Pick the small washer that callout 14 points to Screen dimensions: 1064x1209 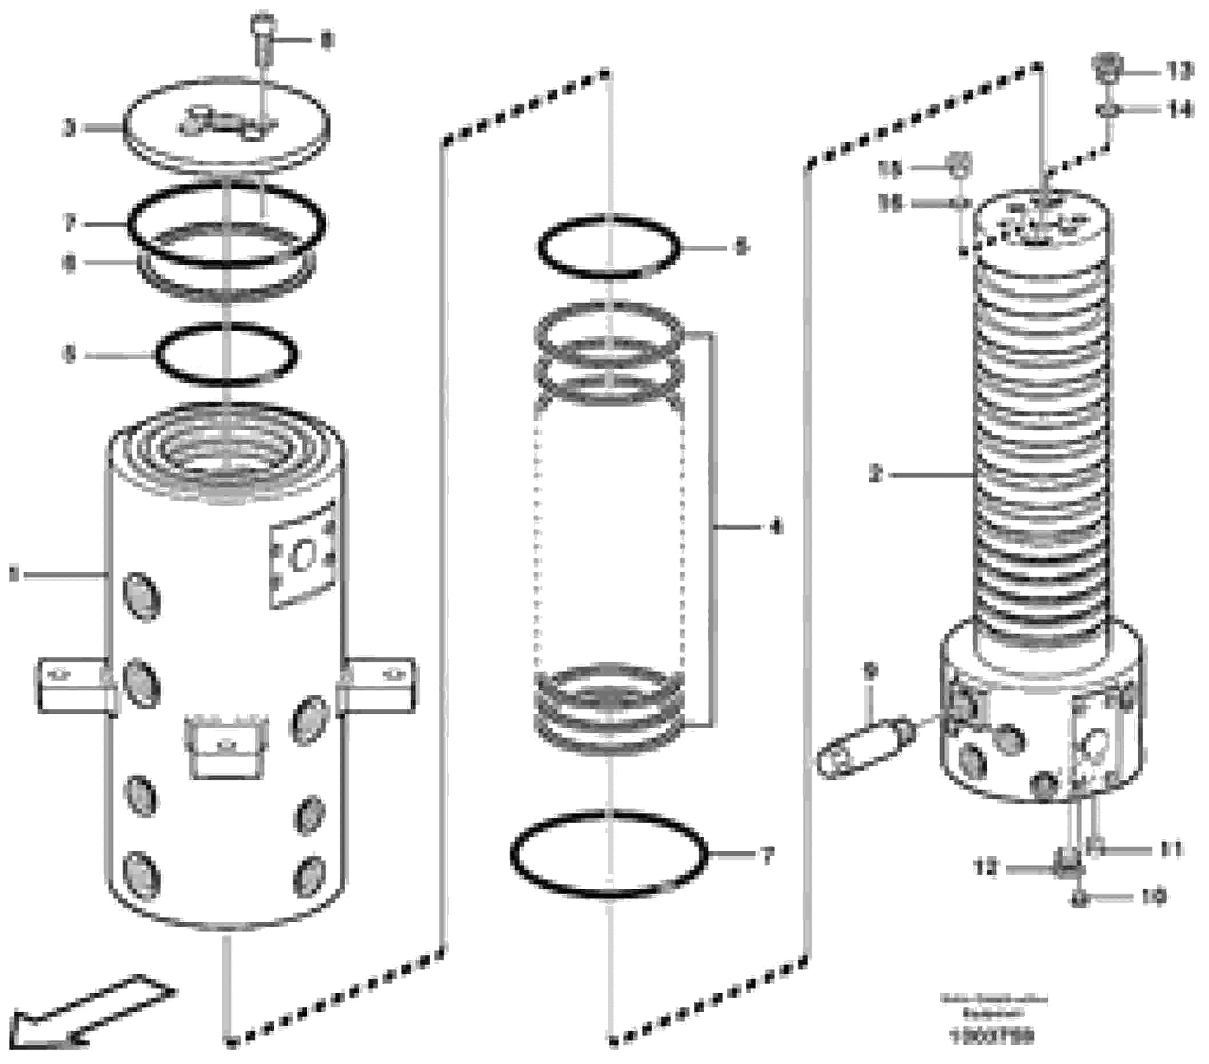pos(1107,110)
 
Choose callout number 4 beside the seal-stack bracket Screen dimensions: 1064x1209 pos(776,526)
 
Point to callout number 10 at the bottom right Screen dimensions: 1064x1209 pos(1152,898)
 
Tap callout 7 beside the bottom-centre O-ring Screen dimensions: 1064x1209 pos(767,856)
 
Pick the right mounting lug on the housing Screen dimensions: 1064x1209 pos(378,684)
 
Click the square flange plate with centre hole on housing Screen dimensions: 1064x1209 pos(304,554)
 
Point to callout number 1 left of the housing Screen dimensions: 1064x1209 pos(14,574)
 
